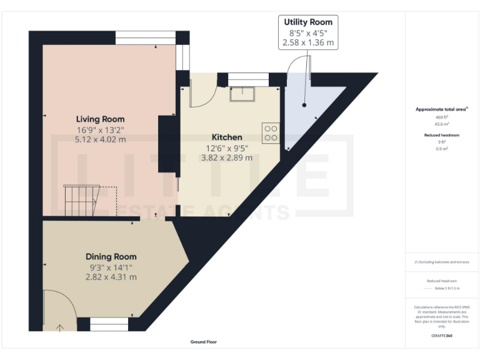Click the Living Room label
[x=100, y=119]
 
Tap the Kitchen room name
[x=227, y=137]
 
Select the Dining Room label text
[x=111, y=256]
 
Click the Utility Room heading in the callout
[x=308, y=22]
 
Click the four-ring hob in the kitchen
[x=271, y=132]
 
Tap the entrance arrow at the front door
[x=61, y=327]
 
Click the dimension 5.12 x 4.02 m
[x=100, y=139]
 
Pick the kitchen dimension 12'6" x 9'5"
[x=227, y=148]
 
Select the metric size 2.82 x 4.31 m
[x=111, y=277]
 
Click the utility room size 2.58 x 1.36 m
[x=308, y=43]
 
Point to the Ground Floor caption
[x=204, y=342]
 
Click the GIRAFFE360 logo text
[x=442, y=336]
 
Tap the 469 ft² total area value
[x=442, y=117]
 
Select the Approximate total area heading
[x=441, y=109]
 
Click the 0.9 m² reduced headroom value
[x=442, y=148]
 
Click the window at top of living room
[x=145, y=37]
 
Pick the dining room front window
[x=109, y=324]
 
